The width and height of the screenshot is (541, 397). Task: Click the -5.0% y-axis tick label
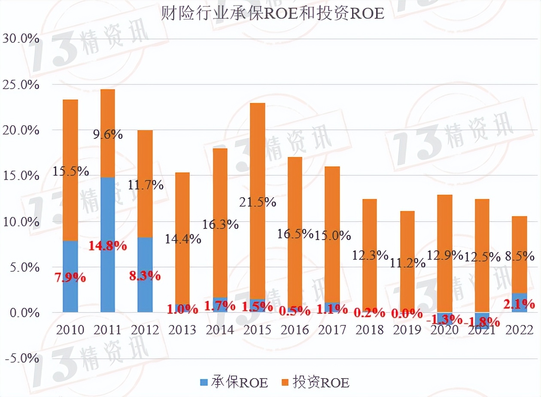tap(21, 358)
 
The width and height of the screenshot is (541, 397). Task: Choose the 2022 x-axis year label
tap(519, 330)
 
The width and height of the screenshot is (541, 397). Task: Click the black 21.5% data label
tap(258, 202)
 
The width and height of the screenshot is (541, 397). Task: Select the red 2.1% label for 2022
tap(519, 304)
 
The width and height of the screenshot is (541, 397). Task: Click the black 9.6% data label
tap(107, 135)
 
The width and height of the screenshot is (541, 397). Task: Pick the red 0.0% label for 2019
tap(407, 314)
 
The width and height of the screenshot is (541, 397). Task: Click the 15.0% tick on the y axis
tap(21, 176)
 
